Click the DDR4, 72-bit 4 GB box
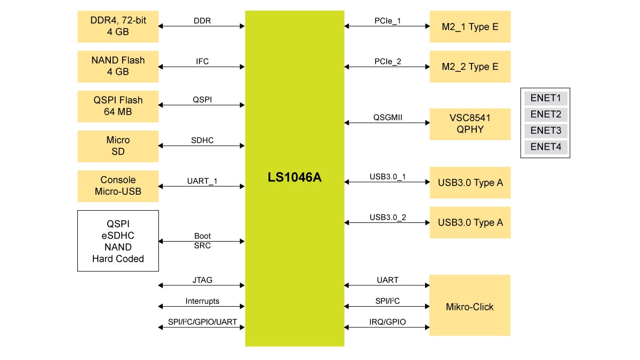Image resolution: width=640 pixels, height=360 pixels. click(118, 27)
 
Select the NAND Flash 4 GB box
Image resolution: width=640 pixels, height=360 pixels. click(118, 66)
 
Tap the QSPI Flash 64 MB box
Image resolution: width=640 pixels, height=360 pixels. click(118, 106)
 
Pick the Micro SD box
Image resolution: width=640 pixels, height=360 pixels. click(118, 146)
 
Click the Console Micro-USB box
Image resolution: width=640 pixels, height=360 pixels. click(118, 186)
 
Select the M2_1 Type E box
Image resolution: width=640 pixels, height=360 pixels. click(470, 27)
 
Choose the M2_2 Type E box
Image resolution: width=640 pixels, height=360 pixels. click(470, 67)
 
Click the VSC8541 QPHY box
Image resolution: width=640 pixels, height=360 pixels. click(470, 124)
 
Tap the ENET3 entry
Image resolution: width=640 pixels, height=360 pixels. click(546, 131)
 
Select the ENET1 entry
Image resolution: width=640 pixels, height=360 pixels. click(546, 99)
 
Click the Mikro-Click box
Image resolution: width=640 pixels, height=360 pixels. click(469, 307)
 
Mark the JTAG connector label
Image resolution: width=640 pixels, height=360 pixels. click(202, 280)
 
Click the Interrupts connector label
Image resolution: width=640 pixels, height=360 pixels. click(202, 301)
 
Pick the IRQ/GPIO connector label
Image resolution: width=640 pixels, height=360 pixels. click(387, 322)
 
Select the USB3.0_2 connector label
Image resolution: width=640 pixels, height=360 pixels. click(388, 217)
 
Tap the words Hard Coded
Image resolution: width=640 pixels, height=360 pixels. click(118, 259)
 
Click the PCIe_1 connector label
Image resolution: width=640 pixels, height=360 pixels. click(388, 21)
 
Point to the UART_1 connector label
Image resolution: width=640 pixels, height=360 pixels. click(202, 181)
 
